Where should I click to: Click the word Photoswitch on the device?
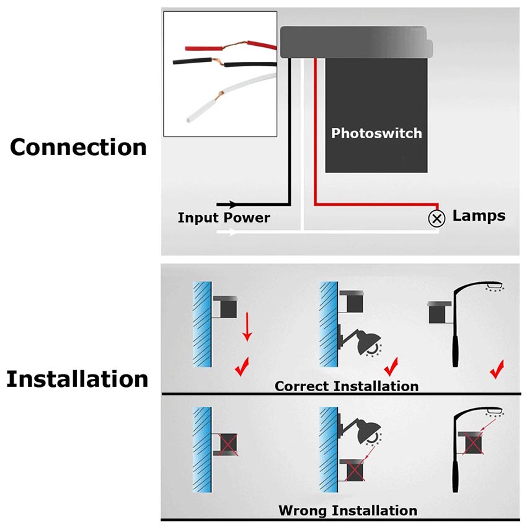(x=376, y=133)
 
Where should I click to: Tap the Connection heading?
(x=79, y=148)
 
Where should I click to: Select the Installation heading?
(x=77, y=379)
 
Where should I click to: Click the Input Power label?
(x=224, y=218)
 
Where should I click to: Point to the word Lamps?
(x=479, y=216)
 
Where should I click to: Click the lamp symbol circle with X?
(x=438, y=218)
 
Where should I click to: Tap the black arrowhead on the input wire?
(x=232, y=204)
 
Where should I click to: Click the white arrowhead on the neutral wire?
(x=232, y=233)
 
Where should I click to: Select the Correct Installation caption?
(x=347, y=386)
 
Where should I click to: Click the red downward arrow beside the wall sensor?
(x=247, y=328)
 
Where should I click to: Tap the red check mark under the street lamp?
(x=496, y=371)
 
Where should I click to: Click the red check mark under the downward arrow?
(x=242, y=368)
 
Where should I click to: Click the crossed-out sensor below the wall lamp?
(x=355, y=470)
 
